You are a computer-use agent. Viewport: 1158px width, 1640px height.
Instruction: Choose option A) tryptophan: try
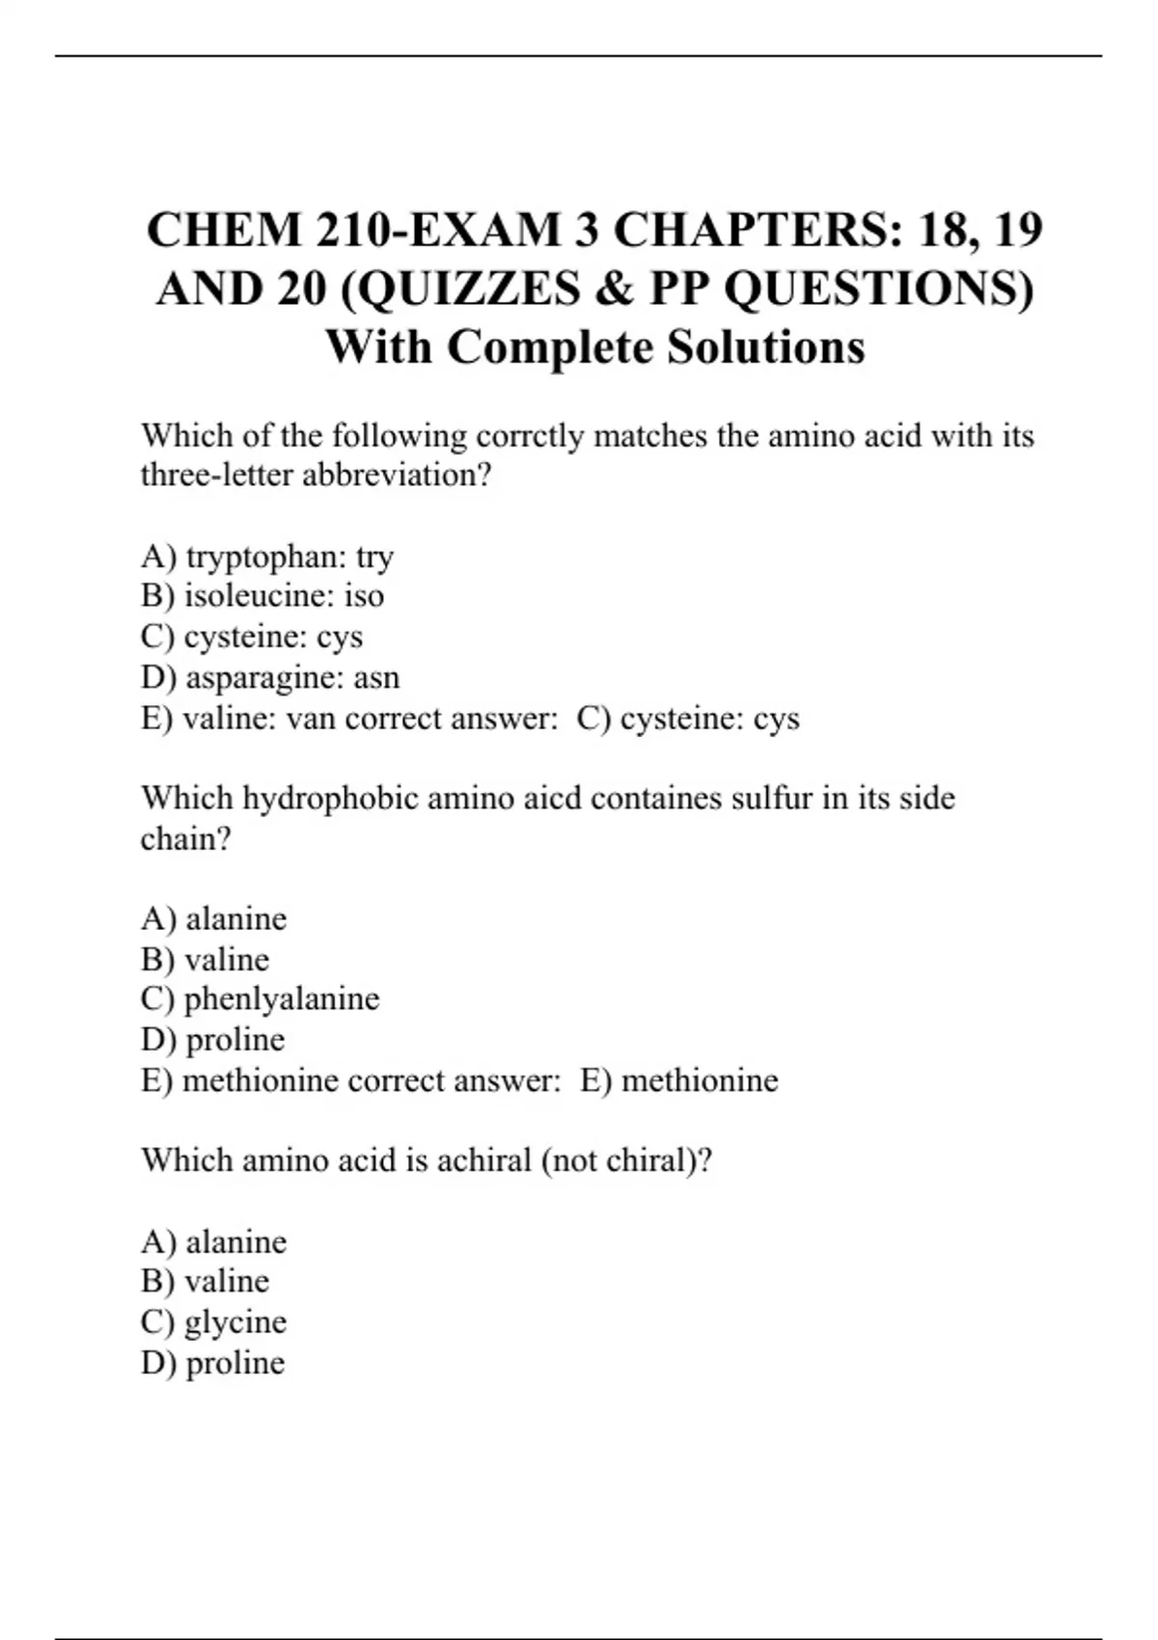coord(266,557)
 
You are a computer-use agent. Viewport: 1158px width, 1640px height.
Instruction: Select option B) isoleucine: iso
coord(262,596)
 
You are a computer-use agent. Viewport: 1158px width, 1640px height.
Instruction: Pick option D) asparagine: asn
coord(269,678)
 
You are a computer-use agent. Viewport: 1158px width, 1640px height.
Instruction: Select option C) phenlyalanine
coord(260,998)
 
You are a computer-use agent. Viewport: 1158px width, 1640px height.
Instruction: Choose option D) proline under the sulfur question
coord(212,1040)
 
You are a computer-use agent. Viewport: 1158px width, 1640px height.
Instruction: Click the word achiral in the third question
coord(483,1160)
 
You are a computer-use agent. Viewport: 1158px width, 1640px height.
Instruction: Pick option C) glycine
coord(213,1322)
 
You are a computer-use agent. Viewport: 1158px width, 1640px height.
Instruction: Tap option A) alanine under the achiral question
coord(213,1242)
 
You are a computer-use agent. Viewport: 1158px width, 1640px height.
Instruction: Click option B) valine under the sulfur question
coord(205,960)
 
